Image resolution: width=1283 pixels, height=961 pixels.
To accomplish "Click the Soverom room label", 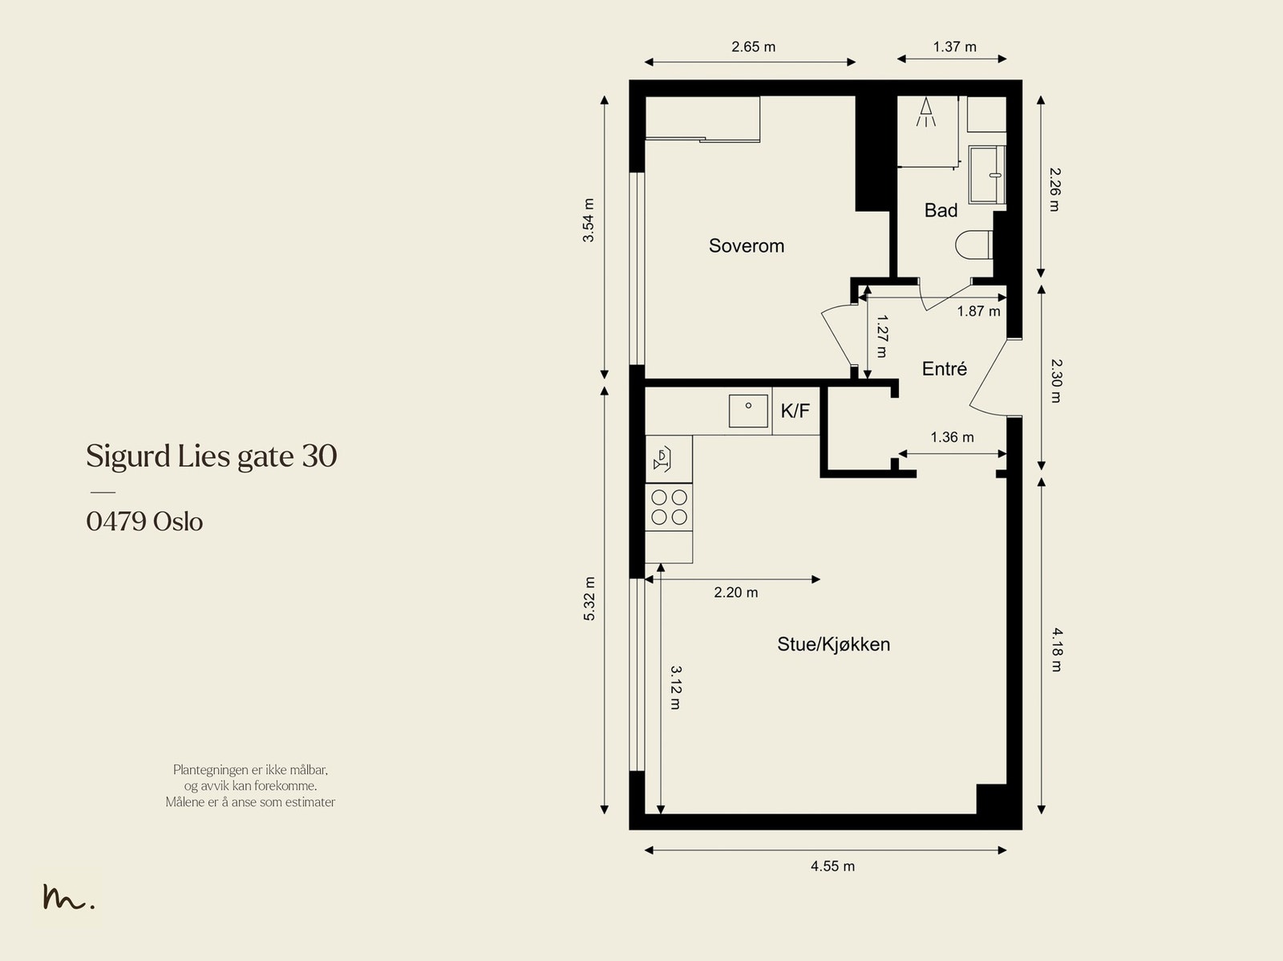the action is point(747,245).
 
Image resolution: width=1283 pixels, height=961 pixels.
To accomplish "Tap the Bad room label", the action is point(941,210).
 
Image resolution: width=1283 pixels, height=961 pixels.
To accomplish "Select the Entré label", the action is point(944,368).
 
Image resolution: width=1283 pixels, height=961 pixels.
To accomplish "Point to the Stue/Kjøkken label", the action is point(833,644).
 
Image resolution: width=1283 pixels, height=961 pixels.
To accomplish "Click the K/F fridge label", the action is point(795,411).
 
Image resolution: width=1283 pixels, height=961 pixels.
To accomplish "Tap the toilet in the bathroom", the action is point(974,245).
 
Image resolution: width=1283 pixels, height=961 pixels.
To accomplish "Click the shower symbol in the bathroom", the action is point(926,112).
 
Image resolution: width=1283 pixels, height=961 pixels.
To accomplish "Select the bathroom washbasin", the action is point(987,175).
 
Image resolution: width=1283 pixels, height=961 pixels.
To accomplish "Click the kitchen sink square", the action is point(748,411).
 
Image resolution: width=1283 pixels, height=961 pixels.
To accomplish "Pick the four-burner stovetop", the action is point(670,507).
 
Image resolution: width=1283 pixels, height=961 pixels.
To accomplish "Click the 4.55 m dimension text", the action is point(832,866).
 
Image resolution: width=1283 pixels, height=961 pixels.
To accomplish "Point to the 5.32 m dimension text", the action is point(589,598).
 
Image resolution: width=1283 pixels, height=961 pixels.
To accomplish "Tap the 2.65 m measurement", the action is point(754,47).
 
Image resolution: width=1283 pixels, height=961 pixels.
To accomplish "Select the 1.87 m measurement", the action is point(978,311).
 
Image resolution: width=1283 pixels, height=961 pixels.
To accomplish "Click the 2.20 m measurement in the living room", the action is point(736,592).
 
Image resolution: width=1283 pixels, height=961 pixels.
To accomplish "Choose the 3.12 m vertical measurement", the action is point(676,687).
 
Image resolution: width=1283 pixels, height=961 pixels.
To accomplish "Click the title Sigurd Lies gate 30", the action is point(212,456).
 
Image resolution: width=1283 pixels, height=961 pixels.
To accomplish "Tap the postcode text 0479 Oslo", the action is point(144,521).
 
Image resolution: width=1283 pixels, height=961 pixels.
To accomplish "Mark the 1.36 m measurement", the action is point(952,436).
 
